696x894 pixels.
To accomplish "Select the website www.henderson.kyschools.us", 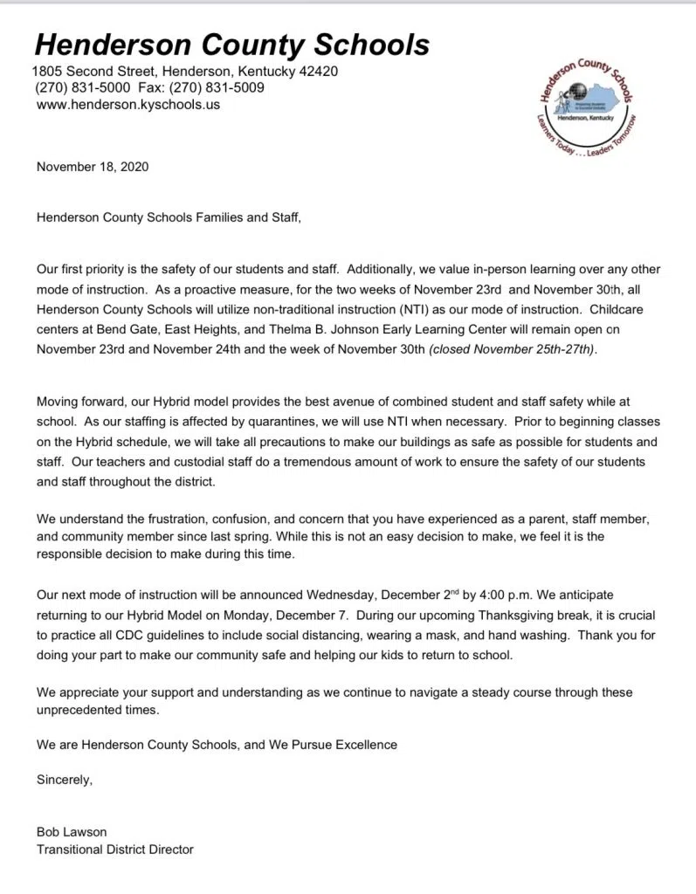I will tap(128, 105).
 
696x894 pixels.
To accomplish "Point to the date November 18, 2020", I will tap(93, 167).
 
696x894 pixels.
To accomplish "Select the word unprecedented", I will tap(78, 711).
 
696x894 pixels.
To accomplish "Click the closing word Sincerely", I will tap(64, 780).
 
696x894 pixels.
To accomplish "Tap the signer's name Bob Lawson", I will tap(72, 831).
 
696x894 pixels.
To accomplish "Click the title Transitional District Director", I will tap(114, 849).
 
